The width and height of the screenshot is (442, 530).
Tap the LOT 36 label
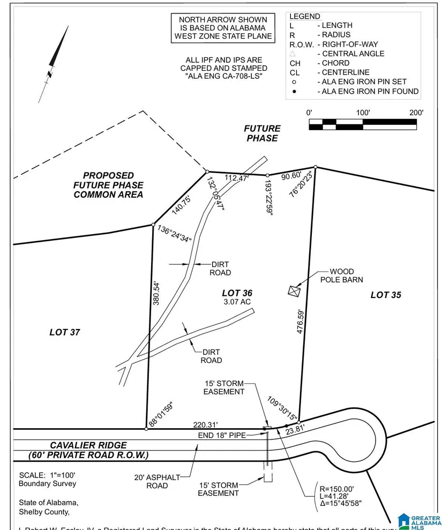click(237, 293)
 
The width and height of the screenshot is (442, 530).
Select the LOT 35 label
click(386, 295)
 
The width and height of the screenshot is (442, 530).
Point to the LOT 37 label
click(65, 332)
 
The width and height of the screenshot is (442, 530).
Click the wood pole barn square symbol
click(294, 290)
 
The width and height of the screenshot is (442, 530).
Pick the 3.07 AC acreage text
click(237, 302)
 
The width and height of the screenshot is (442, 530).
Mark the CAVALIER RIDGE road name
click(89, 445)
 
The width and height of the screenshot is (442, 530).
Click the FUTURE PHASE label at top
click(262, 133)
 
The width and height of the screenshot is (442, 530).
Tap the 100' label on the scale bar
click(363, 113)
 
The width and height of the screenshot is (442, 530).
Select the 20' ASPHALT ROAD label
click(158, 481)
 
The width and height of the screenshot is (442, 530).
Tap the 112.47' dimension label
click(236, 177)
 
